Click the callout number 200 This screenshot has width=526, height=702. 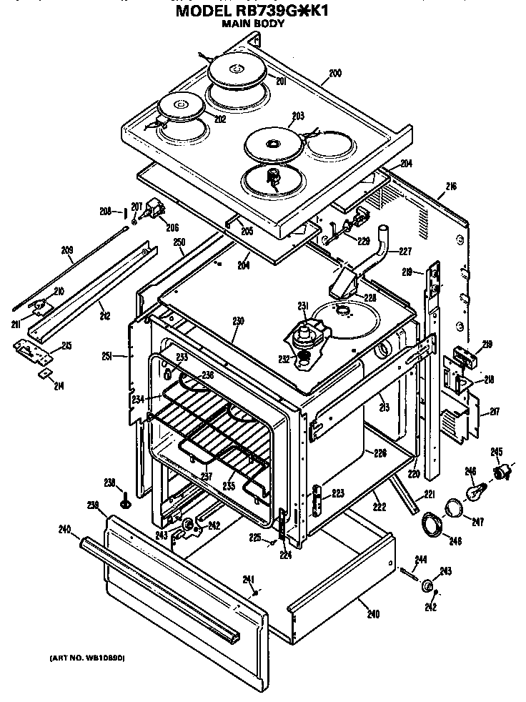click(x=335, y=73)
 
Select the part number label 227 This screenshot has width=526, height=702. click(x=405, y=250)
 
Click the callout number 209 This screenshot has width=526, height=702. click(x=67, y=250)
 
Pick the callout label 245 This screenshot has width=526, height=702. click(x=496, y=450)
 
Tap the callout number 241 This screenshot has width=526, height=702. click(x=248, y=579)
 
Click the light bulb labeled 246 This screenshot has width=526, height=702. click(x=475, y=490)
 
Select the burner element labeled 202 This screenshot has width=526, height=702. click(x=180, y=108)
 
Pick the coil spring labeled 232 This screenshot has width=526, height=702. click(x=304, y=354)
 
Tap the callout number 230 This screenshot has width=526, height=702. click(x=238, y=321)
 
